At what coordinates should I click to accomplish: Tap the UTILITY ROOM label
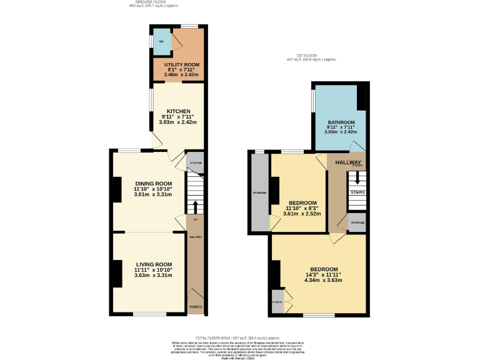[x=181, y=65]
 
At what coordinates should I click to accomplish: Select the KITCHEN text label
[x=178, y=111]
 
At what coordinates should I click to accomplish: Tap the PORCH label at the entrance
[x=196, y=307]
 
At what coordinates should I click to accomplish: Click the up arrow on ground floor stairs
[x=195, y=206]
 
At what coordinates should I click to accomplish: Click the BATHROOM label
[x=341, y=122]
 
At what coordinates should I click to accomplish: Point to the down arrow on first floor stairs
[x=357, y=177]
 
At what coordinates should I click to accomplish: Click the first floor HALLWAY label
[x=349, y=162]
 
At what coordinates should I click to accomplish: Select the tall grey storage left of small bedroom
[x=259, y=192]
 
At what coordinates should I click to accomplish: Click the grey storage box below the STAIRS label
[x=357, y=223]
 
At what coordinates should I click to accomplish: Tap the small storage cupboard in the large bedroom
[x=277, y=302]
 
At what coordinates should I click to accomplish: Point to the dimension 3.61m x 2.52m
[x=302, y=214]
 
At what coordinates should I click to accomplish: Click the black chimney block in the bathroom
[x=361, y=97]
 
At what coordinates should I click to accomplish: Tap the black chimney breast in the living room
[x=117, y=273]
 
